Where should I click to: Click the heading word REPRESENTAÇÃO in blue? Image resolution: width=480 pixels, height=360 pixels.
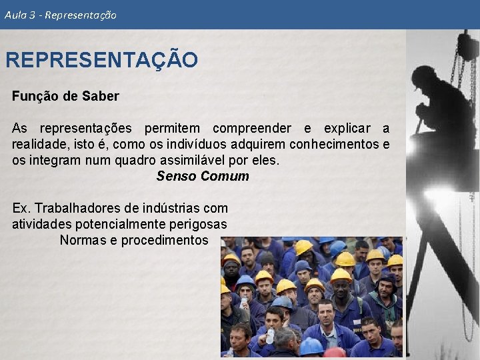pyautogui.click(x=101, y=60)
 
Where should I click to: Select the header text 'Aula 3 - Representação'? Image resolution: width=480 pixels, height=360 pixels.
pyautogui.click(x=60, y=15)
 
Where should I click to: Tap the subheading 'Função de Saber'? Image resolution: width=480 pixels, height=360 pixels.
pyautogui.click(x=65, y=96)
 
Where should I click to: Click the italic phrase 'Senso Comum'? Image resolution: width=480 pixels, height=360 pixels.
pyautogui.click(x=203, y=177)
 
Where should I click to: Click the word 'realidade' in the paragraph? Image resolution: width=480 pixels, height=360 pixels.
pyautogui.click(x=39, y=144)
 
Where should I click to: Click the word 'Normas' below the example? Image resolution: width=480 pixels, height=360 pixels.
pyautogui.click(x=82, y=240)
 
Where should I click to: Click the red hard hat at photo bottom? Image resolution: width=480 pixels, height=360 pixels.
pyautogui.click(x=335, y=353)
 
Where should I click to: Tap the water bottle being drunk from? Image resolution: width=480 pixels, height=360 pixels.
pyautogui.click(x=270, y=335)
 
